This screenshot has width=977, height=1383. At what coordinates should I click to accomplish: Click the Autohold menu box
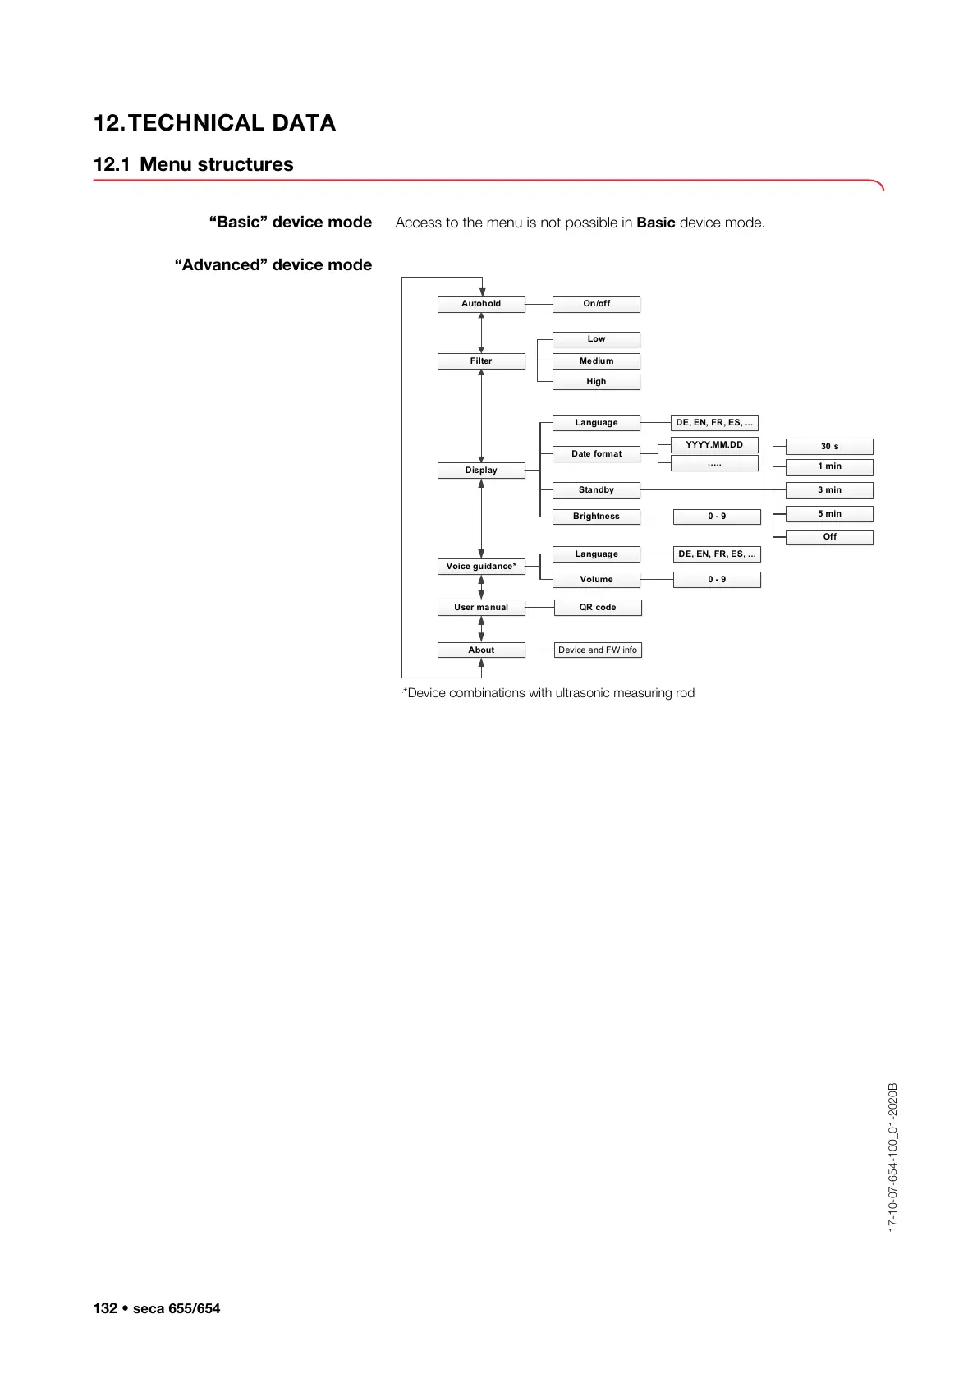pos(481,304)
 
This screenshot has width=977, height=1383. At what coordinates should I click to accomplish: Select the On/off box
pos(596,304)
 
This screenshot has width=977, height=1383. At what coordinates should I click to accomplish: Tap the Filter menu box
pos(481,361)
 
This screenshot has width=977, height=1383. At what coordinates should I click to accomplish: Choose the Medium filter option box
pos(596,361)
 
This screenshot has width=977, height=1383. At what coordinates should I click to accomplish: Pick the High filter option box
pos(596,382)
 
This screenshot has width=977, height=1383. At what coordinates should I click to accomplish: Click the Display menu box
pos(481,471)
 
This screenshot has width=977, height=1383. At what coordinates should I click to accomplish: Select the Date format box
pos(596,454)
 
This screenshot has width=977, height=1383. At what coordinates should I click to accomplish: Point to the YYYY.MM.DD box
pos(714,445)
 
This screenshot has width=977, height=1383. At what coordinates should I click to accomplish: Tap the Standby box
pos(596,490)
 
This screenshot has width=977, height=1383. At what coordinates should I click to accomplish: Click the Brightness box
pos(596,517)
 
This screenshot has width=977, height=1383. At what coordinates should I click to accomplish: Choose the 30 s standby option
pos(829,447)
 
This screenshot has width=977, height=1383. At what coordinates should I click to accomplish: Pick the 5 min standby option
pos(829,514)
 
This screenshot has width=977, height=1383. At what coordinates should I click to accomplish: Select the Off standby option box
pos(829,537)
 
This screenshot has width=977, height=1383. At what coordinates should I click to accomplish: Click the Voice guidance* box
pos(481,567)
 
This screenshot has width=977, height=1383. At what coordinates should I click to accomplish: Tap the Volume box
pos(596,580)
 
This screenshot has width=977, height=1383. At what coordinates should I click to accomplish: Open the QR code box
pos(598,608)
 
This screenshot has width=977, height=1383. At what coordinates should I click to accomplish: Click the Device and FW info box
pos(598,650)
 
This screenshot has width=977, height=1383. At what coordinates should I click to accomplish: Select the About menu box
pos(481,650)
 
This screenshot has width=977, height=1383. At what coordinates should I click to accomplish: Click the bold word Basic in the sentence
pos(655,223)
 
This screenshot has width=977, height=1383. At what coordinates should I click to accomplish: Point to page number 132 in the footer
pos(105,1308)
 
